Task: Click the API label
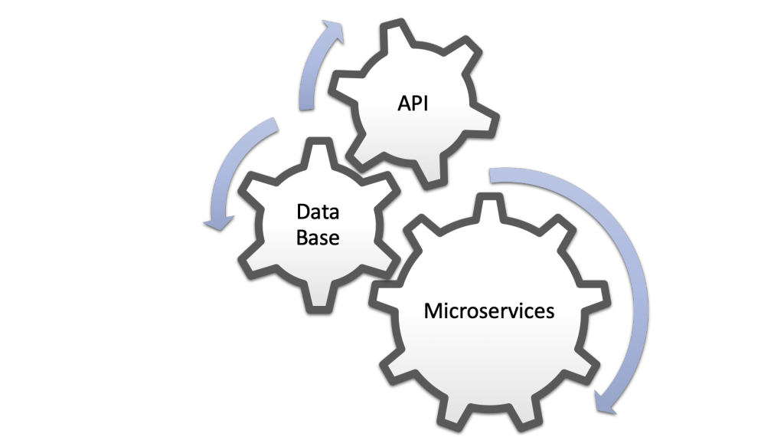[413, 103]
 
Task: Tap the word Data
[318, 212]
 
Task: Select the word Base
[318, 237]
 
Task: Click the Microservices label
[489, 310]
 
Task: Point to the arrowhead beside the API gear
[332, 30]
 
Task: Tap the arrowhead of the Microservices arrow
[605, 400]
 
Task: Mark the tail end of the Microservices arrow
[491, 176]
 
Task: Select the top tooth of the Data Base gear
[319, 153]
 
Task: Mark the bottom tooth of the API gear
[430, 172]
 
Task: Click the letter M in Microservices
[432, 310]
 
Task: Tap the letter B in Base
[302, 237]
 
